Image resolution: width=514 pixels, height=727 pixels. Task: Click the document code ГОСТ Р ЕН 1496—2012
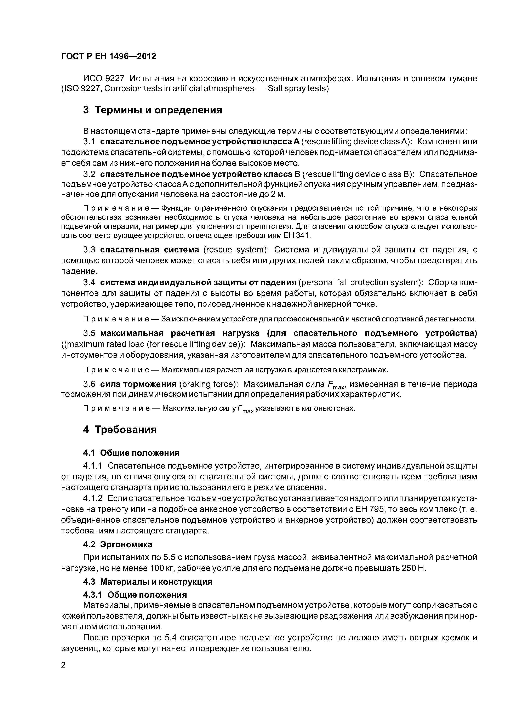point(108,56)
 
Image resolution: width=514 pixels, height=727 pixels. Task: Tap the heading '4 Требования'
point(120,430)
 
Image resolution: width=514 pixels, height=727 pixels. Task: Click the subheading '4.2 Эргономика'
point(118,544)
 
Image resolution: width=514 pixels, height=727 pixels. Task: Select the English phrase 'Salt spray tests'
point(297,88)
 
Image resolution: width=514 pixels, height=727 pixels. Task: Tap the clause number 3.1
point(89,142)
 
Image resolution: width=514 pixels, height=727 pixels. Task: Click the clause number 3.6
point(89,384)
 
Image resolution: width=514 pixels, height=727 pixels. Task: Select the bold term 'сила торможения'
point(138,384)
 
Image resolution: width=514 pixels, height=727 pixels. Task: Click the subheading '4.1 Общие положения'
point(131,453)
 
